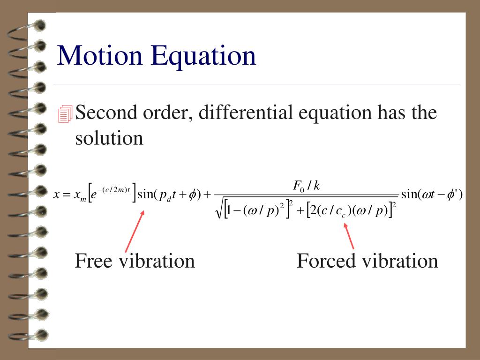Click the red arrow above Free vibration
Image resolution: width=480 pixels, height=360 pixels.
[135, 231]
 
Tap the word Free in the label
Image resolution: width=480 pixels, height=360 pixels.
[94, 261]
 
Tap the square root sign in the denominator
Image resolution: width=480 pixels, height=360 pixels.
[219, 210]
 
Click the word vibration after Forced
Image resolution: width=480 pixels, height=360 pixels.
[399, 261]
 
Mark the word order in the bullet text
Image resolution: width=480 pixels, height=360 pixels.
[164, 113]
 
